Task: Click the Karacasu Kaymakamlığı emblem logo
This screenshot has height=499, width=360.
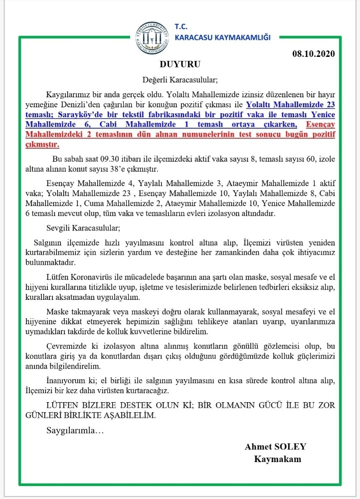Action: (x=152, y=36)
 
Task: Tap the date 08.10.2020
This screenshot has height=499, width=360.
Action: (x=313, y=53)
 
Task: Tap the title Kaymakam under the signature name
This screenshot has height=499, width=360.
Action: (x=278, y=459)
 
